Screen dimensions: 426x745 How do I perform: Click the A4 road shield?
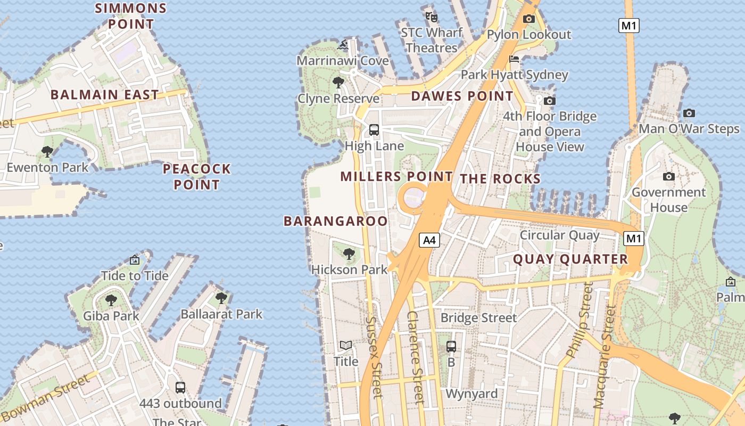429,240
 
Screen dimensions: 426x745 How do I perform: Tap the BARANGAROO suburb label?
336,221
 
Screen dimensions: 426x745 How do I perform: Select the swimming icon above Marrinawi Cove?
343,45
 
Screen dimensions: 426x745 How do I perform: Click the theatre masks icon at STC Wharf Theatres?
431,17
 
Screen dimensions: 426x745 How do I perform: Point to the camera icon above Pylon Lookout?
529,19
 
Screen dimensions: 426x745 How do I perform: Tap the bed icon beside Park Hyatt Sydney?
514,59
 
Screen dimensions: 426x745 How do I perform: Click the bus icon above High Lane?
374,129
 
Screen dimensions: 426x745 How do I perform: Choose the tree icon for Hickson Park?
349,254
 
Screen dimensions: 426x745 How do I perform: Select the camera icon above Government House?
669,176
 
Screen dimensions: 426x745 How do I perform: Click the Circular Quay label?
559,235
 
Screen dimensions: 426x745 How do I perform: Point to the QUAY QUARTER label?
570,259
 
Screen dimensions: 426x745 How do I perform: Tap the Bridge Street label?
478,318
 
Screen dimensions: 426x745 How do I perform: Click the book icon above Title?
346,346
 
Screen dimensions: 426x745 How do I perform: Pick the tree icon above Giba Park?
111,300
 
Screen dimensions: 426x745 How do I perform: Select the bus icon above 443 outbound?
180,387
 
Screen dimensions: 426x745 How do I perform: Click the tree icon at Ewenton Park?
47,152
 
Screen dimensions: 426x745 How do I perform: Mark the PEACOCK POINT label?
197,177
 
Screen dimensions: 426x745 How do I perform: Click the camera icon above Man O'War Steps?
689,113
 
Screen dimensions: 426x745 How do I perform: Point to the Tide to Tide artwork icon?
135,260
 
